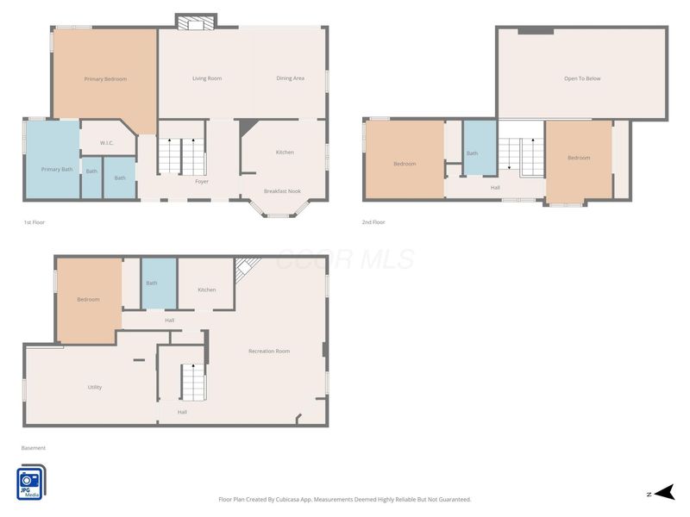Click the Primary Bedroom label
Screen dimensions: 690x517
105,79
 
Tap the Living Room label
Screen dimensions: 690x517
207,78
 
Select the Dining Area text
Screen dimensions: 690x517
290,78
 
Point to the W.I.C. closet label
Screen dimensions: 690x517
106,143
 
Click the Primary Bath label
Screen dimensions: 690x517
57,169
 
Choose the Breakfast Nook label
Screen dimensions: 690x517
283,191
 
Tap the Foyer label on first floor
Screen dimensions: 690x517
202,181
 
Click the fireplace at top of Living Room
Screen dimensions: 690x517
196,22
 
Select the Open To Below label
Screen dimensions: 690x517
582,78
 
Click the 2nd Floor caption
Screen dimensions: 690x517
373,222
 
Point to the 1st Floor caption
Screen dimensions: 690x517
34,222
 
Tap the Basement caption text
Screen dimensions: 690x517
34,448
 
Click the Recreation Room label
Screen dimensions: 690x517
269,352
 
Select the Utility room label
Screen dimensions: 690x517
95,387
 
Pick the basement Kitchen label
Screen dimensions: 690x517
207,290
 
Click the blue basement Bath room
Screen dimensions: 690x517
159,283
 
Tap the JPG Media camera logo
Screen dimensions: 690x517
31,483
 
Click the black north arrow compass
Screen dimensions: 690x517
664,492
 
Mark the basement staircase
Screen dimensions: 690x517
193,382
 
